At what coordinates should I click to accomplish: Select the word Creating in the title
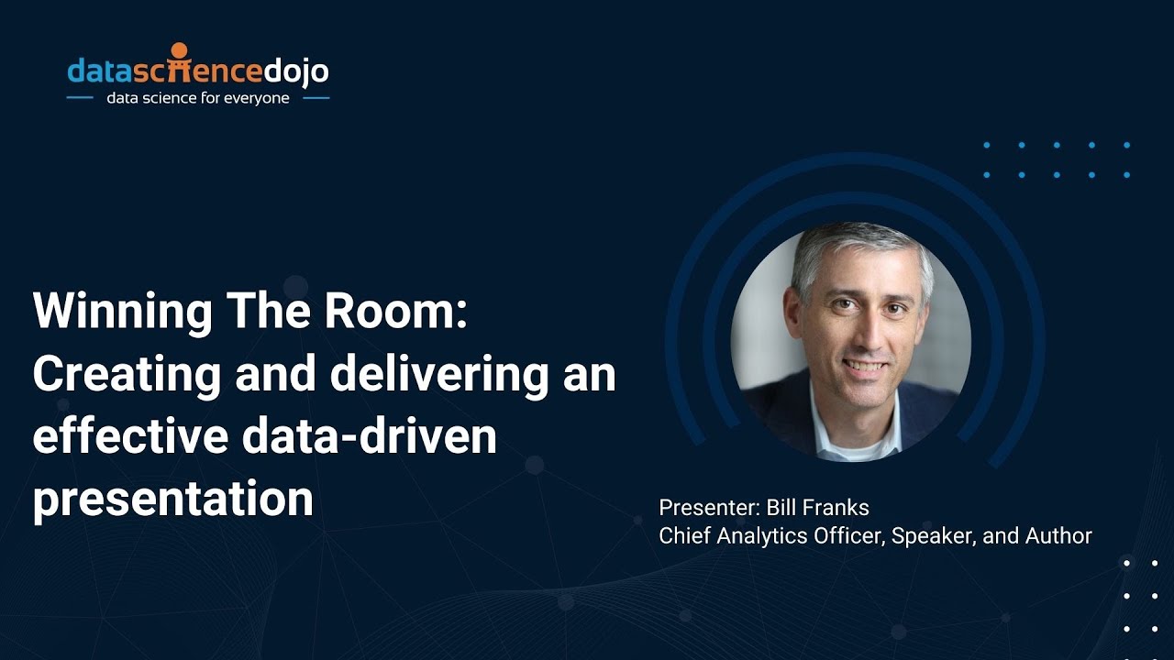[127, 375]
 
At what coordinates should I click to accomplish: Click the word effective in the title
[128, 436]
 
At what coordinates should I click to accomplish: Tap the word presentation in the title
[172, 500]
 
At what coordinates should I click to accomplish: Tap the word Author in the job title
[1061, 536]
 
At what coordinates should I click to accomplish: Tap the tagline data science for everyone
[198, 98]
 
